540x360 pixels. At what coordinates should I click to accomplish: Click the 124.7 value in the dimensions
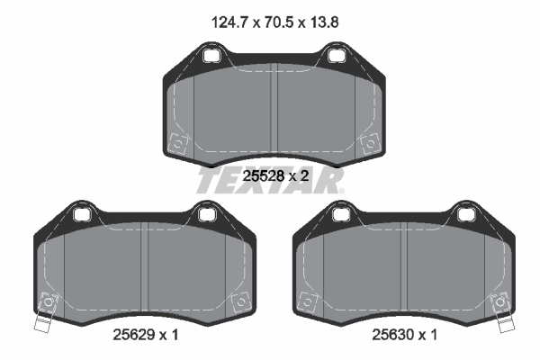tap(225, 19)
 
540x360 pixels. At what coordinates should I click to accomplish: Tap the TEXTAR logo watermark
tap(270, 179)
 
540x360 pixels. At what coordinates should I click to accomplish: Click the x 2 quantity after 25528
tap(300, 177)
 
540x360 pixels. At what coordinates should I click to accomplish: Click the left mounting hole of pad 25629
tap(79, 214)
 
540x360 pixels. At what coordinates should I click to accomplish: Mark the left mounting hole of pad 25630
tap(338, 214)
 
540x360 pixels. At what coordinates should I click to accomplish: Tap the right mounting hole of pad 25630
tap(466, 214)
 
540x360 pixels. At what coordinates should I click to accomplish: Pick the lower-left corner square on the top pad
tap(178, 143)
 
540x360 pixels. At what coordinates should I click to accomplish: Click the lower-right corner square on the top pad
tap(367, 143)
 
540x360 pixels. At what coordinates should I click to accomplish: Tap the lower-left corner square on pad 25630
tap(307, 301)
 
